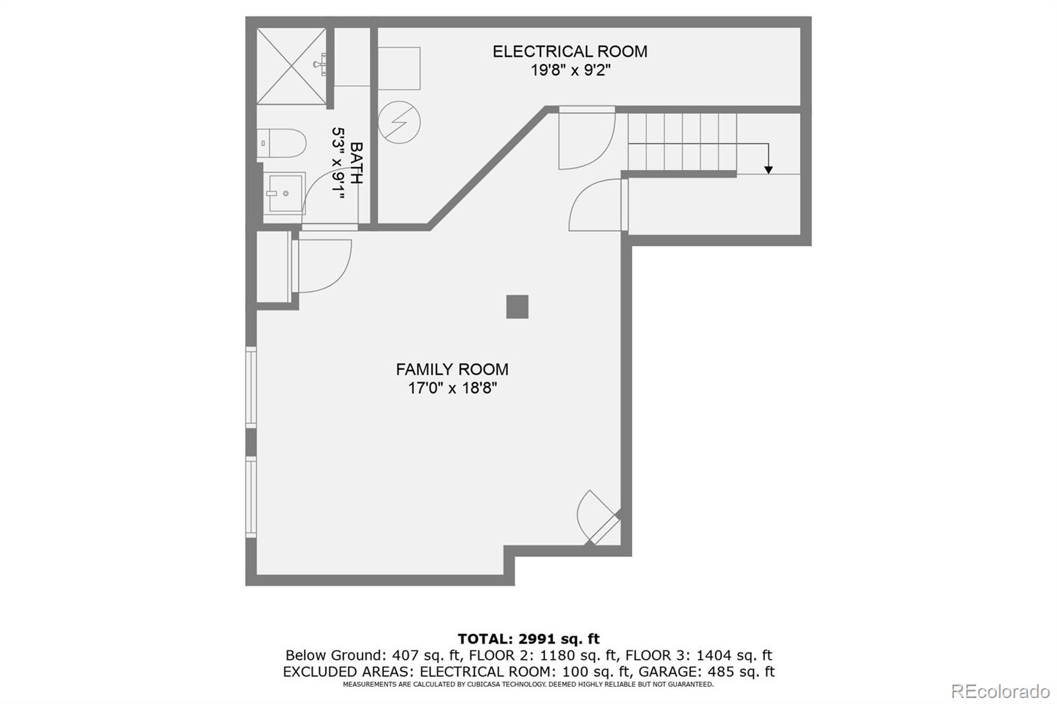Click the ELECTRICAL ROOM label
coord(569,52)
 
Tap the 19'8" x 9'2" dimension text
coord(570,70)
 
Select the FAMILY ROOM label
coord(452,369)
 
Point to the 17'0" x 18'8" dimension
coord(452,388)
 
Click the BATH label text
coord(356,163)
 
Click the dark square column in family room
coord(517,306)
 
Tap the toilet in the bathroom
coord(282,143)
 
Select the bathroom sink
coord(285,193)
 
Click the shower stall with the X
coord(291,66)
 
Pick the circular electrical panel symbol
coord(399,122)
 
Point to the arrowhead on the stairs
coord(768,170)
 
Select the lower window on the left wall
coord(251,497)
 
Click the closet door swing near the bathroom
coord(322,265)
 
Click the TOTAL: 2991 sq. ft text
coord(528,639)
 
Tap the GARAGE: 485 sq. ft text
coord(706,672)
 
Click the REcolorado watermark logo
coord(1000,691)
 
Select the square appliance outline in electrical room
coord(399,68)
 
